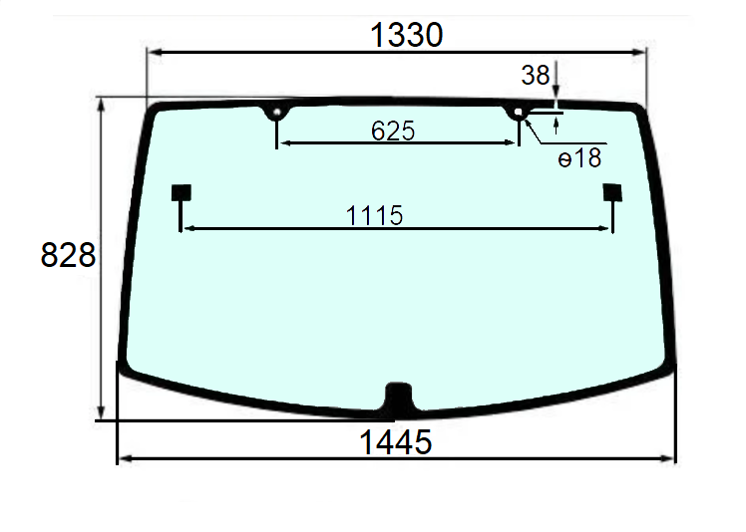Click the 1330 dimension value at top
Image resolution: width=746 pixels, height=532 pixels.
pyautogui.click(x=405, y=35)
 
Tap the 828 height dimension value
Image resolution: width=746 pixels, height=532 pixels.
pyautogui.click(x=68, y=256)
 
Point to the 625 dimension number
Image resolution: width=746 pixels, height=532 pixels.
pyautogui.click(x=392, y=130)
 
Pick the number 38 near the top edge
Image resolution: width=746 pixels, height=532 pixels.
pyautogui.click(x=535, y=75)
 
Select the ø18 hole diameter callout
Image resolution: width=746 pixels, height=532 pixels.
pyautogui.click(x=579, y=156)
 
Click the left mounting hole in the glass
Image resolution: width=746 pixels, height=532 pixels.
pyautogui.click(x=275, y=113)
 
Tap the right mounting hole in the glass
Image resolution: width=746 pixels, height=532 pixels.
pyautogui.click(x=518, y=114)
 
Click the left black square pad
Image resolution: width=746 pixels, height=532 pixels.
pyautogui.click(x=181, y=191)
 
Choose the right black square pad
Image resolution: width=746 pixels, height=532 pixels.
pyautogui.click(x=612, y=192)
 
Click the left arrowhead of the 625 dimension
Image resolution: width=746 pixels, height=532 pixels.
pyautogui.click(x=281, y=143)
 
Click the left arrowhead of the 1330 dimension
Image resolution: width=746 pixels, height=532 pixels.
pyautogui.click(x=154, y=53)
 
